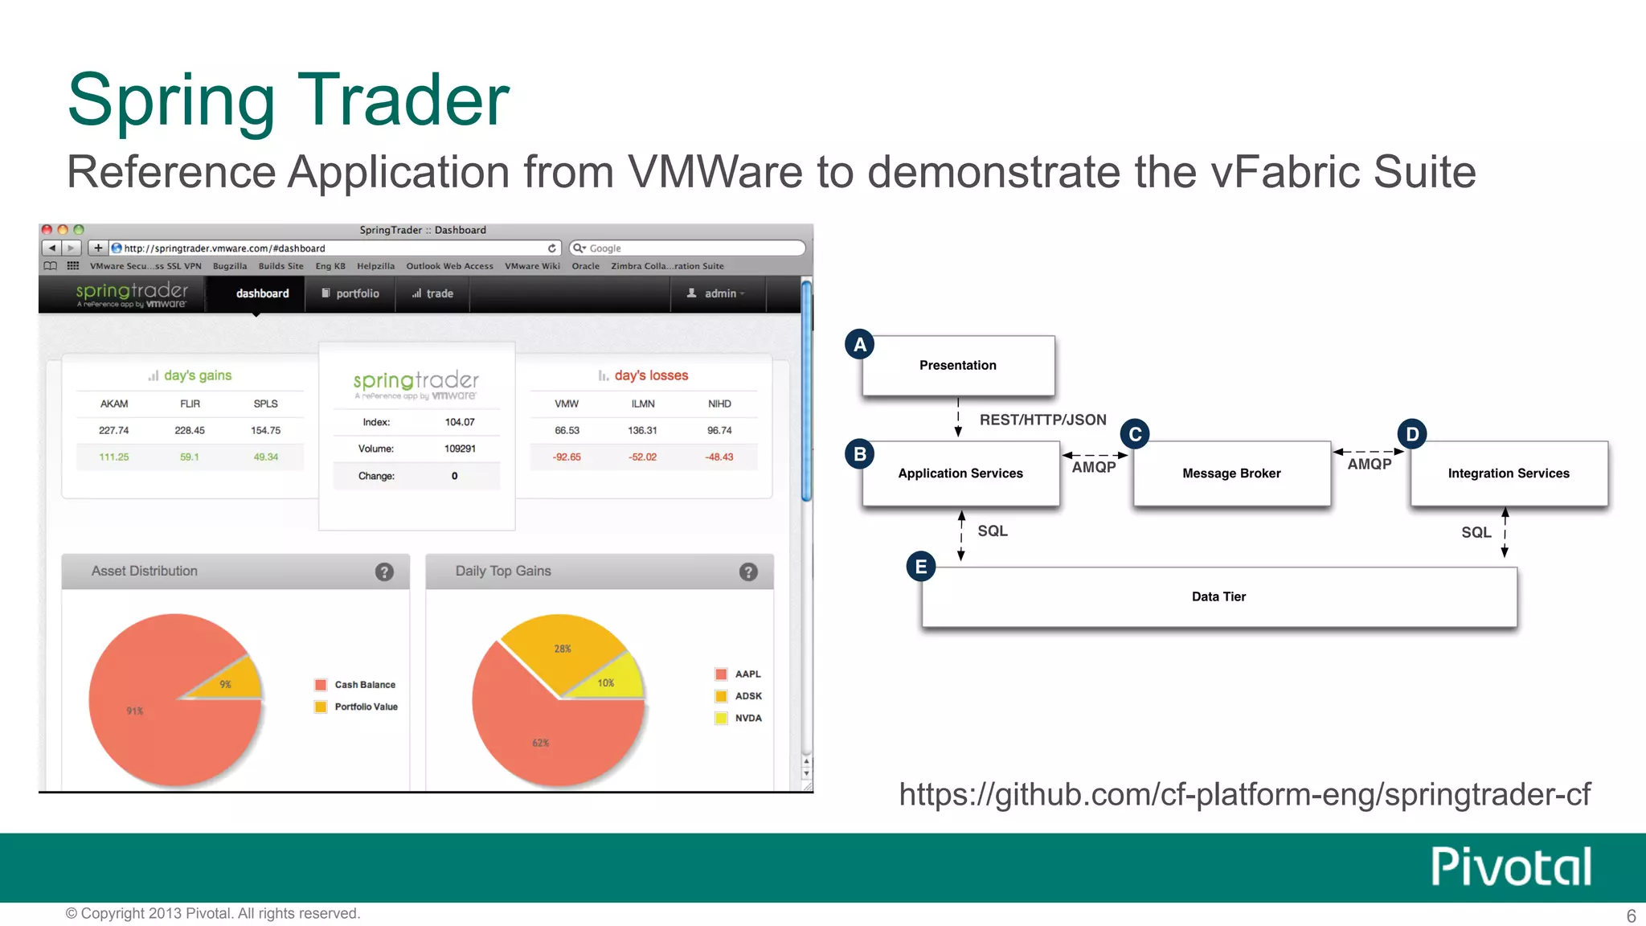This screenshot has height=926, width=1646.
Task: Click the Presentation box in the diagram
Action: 957,365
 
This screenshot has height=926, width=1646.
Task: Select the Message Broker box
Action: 1231,473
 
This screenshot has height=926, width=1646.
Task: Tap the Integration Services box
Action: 1509,473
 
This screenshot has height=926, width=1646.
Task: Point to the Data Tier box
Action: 1218,596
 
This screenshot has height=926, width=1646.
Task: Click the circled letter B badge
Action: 860,454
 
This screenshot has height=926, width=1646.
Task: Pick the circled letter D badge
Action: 1412,434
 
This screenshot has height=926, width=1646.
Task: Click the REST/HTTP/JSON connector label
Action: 1042,420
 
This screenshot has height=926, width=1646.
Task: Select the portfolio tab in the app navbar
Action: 350,293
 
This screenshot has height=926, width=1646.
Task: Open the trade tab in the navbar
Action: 433,293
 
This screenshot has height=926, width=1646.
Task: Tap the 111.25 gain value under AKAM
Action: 114,457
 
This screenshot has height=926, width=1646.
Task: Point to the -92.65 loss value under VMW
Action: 567,457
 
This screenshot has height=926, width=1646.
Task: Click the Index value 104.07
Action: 460,422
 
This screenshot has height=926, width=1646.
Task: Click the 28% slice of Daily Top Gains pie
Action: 563,646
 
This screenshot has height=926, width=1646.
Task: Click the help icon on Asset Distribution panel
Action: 384,572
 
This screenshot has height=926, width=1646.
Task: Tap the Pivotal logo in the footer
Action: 1511,867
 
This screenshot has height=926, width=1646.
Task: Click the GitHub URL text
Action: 1244,794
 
